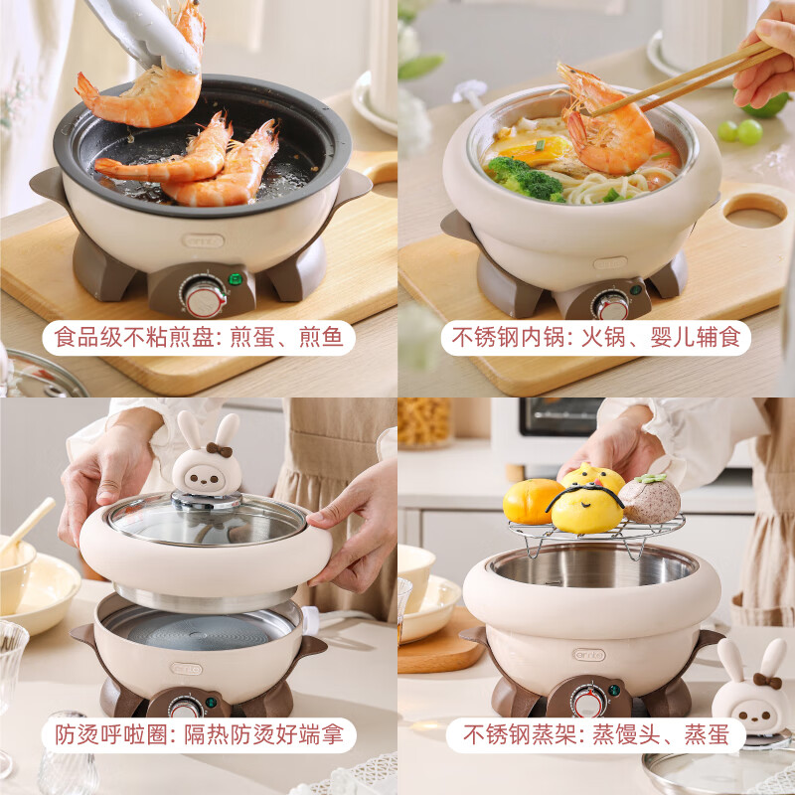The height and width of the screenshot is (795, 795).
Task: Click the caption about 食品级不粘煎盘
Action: [199, 338]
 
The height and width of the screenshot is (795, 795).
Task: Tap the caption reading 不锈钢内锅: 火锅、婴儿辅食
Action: [596, 338]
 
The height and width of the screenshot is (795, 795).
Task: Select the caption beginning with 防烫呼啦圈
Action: [199, 735]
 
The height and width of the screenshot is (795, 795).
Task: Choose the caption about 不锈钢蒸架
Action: [596, 735]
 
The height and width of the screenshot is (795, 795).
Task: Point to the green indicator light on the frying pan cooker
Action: [236, 279]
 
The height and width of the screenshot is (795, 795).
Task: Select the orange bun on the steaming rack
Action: [531, 501]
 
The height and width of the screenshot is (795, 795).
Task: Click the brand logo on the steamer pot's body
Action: [588, 654]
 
